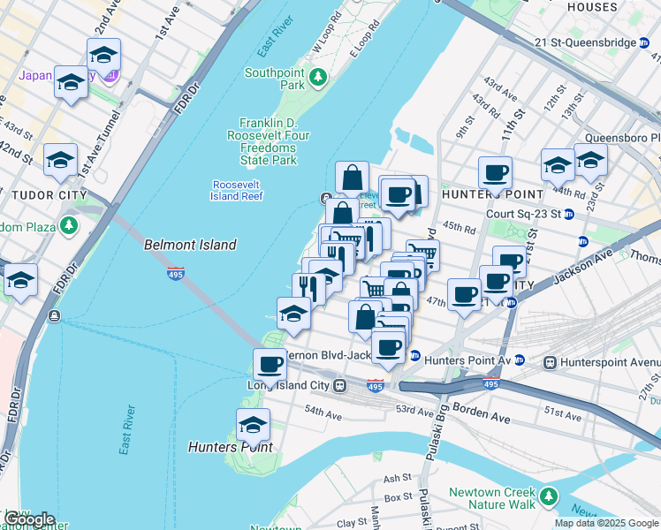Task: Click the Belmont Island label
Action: (x=190, y=245)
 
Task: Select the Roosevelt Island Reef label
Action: (x=237, y=190)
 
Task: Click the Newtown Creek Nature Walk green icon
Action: (x=549, y=496)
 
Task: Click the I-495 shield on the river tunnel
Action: (x=175, y=274)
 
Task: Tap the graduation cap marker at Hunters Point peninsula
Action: (x=253, y=426)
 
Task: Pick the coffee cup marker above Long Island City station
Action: (x=270, y=363)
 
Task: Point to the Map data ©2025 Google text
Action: (x=605, y=523)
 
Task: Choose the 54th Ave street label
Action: (x=322, y=412)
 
